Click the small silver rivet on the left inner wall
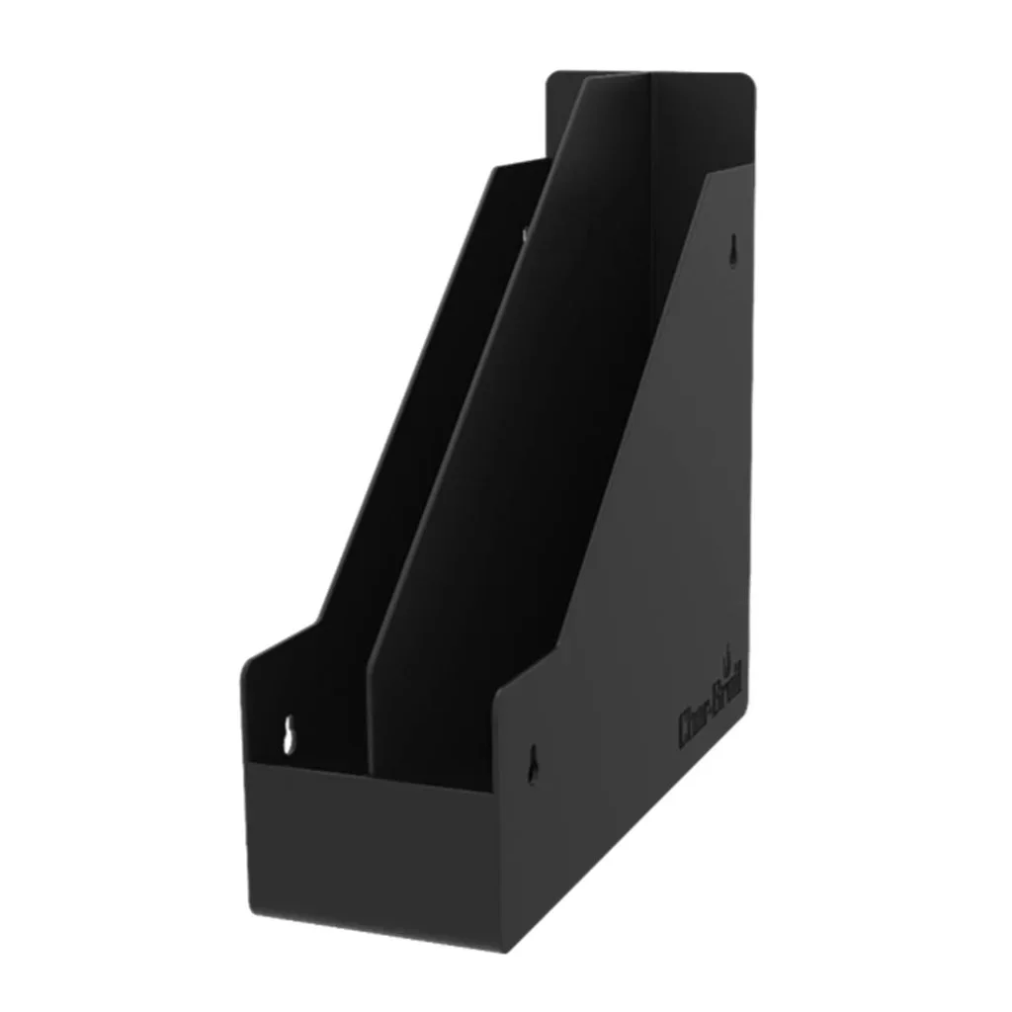pos(524,234)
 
